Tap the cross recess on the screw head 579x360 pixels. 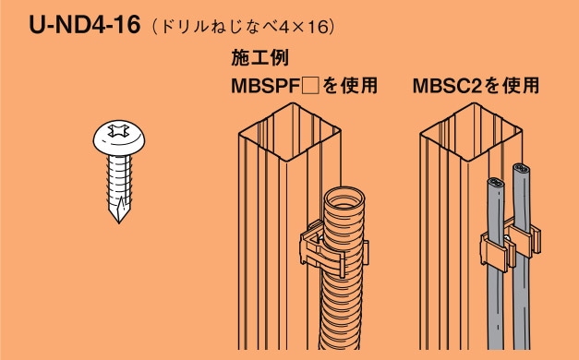click(121, 132)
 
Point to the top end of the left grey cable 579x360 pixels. click(495, 183)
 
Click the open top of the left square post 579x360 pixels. click(286, 126)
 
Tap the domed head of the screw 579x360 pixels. click(121, 138)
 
